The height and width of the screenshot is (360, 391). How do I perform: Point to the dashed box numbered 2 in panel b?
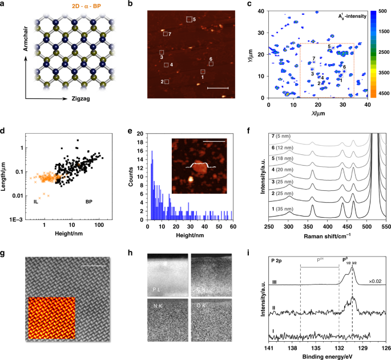pos(167,82)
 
